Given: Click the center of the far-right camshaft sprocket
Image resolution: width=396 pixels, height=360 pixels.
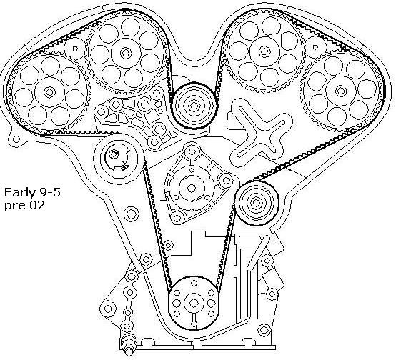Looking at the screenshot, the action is tap(341, 91).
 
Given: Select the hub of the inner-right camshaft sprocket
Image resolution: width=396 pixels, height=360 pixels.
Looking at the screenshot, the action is tap(264, 51).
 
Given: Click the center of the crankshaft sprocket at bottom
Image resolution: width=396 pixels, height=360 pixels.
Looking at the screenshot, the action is tap(194, 303).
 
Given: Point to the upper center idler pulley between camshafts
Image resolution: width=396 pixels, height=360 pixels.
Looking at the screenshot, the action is tap(194, 106).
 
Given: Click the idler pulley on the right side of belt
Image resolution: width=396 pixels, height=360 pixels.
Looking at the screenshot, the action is tap(257, 203).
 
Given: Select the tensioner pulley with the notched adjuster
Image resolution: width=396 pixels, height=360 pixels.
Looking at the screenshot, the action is tap(117, 159).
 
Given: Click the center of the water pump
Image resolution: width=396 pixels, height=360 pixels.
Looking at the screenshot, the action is tap(191, 188).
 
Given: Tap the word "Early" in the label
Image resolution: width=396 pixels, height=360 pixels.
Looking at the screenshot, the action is tap(20, 193).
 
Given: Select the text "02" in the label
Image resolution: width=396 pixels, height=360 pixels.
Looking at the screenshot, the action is tap(37, 205).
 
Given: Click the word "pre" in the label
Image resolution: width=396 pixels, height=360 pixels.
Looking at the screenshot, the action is tap(15, 206).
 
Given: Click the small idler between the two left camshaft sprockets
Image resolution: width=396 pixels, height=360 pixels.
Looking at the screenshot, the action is tap(75, 49).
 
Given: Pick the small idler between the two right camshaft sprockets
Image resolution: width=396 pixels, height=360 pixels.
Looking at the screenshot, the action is tap(315, 47).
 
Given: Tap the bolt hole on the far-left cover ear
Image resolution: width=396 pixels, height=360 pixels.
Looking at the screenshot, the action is tap(16, 139).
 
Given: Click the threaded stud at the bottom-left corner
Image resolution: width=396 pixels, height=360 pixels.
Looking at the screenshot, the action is tap(129, 344).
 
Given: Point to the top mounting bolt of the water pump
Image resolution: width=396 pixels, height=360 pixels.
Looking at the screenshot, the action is tap(192, 151).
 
